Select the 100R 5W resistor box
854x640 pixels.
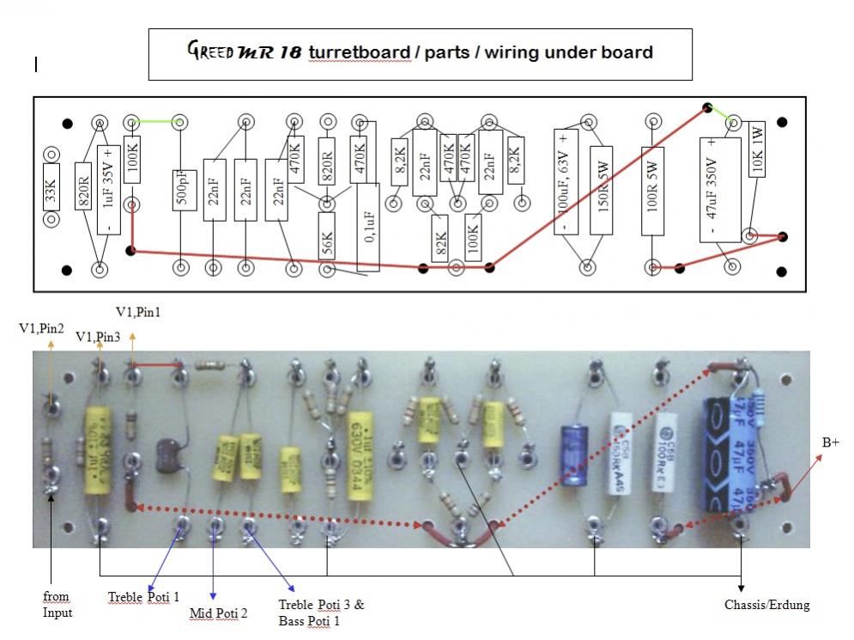coord(652,191)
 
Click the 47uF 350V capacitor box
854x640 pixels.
coord(718,189)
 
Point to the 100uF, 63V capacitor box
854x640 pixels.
coord(565,180)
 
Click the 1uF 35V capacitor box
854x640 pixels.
coord(108,190)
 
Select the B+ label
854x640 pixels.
coord(831,442)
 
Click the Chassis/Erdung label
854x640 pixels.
coord(766,605)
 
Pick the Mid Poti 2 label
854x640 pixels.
coord(218,613)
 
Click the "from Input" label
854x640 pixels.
coord(56,604)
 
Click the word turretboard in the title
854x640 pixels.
coord(359,52)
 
